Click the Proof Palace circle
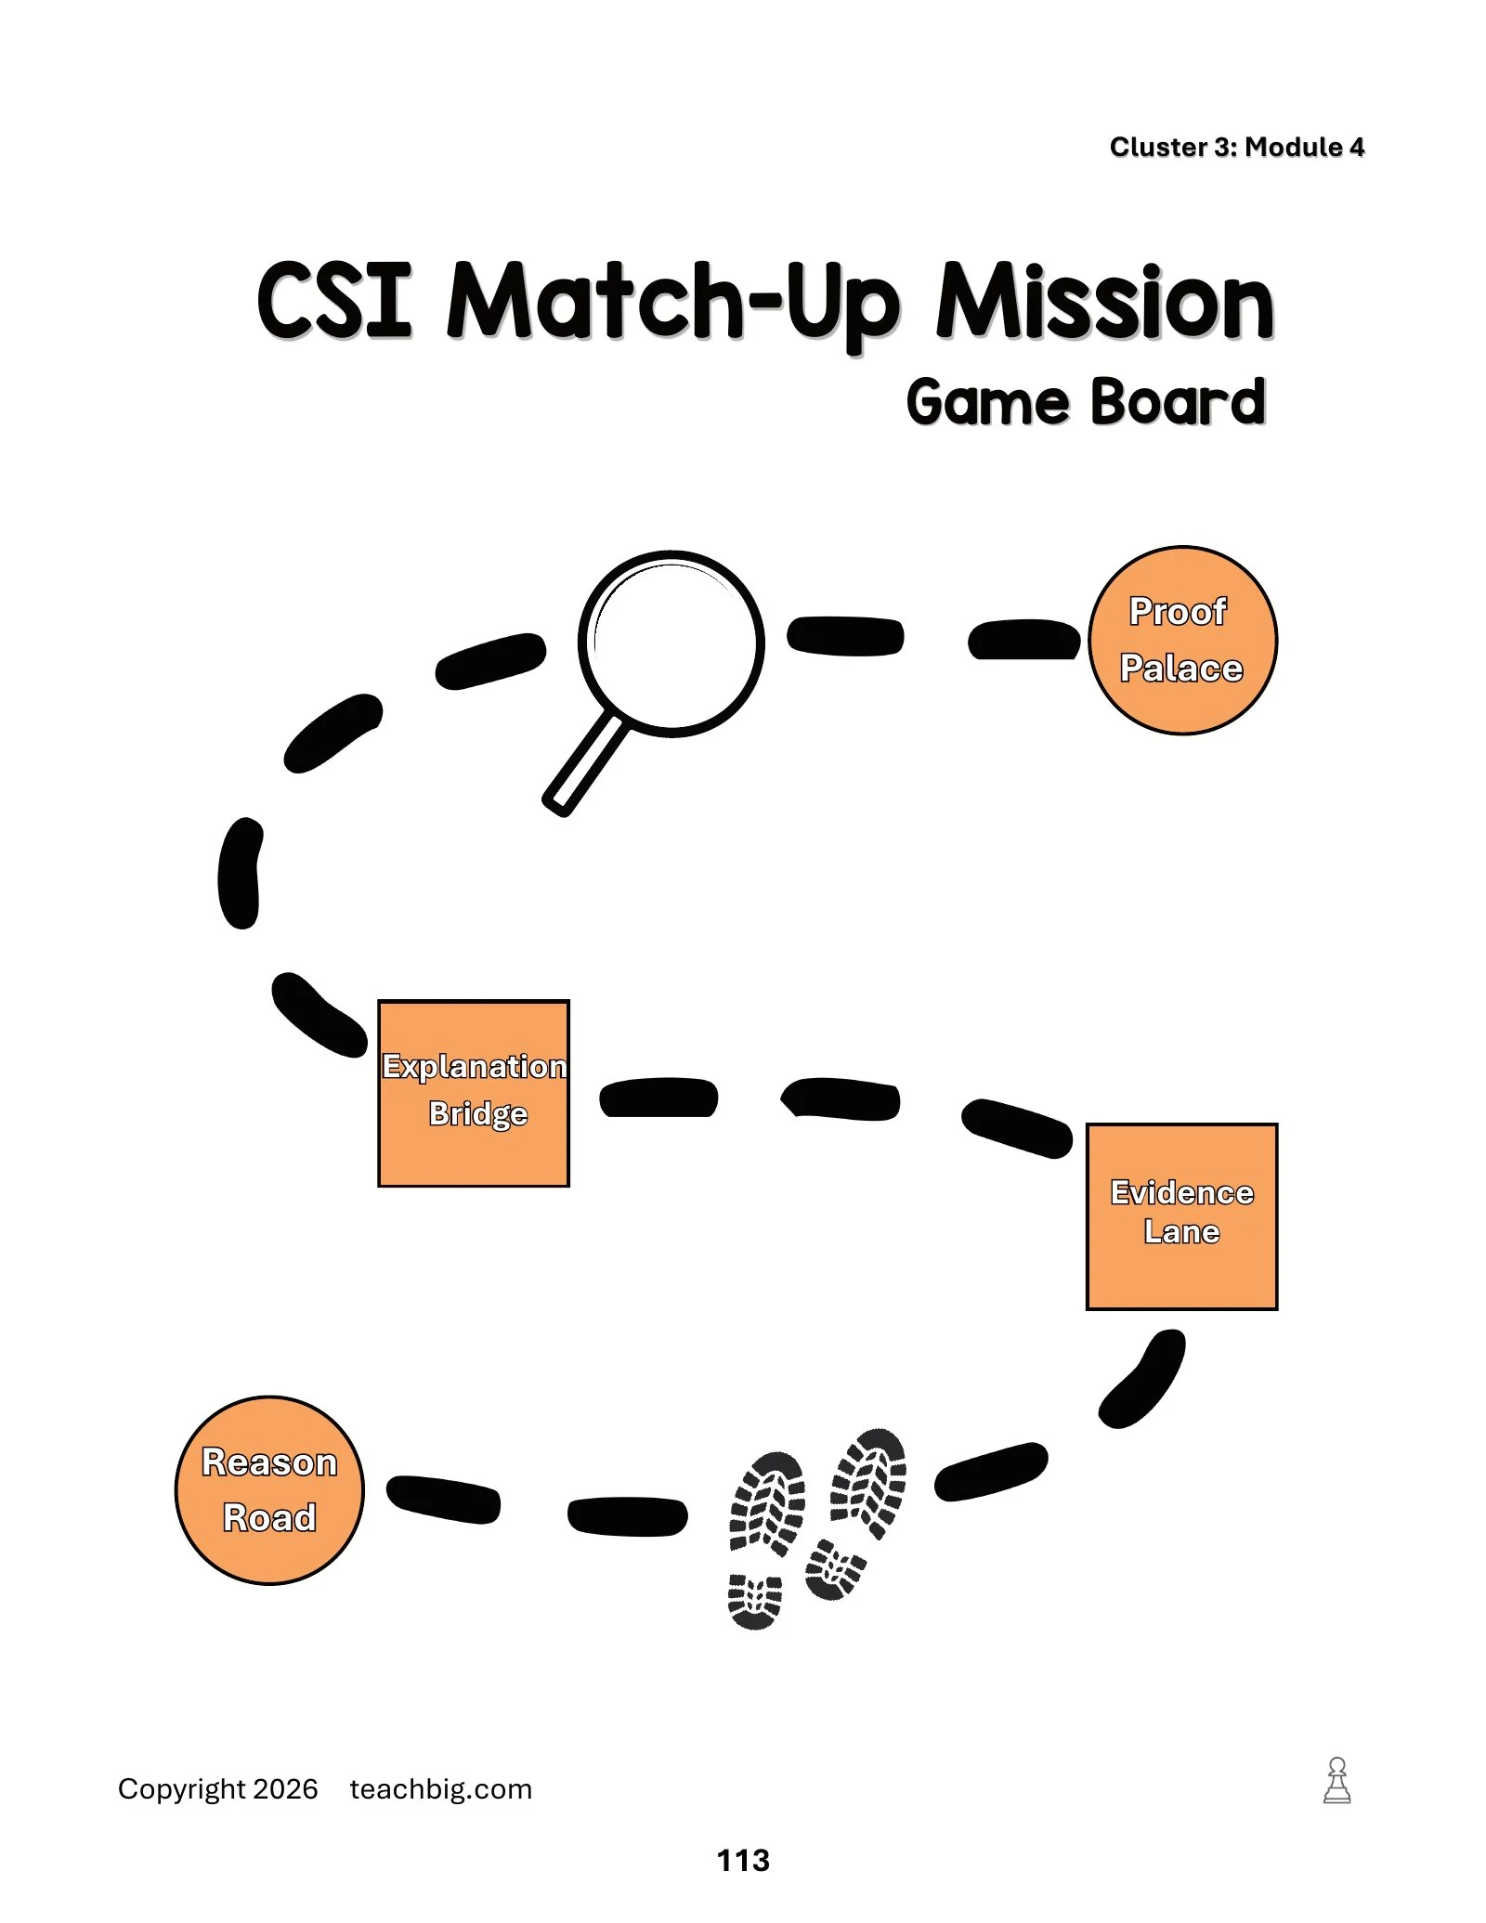click(x=1182, y=640)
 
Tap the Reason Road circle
click(x=269, y=1489)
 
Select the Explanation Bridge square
click(x=474, y=1093)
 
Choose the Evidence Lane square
click(x=1182, y=1216)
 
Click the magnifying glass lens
click(x=671, y=643)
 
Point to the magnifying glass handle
click(x=585, y=764)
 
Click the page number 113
click(x=743, y=1860)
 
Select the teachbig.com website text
click(x=441, y=1789)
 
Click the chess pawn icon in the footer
click(x=1337, y=1780)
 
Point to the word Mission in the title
click(x=1105, y=301)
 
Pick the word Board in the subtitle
click(x=1178, y=402)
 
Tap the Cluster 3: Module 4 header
click(x=1237, y=147)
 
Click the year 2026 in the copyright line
click(x=285, y=1789)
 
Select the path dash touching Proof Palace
click(x=1024, y=639)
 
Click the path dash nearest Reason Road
click(x=443, y=1499)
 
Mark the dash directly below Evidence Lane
click(x=1142, y=1379)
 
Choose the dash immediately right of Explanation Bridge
click(x=658, y=1098)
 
